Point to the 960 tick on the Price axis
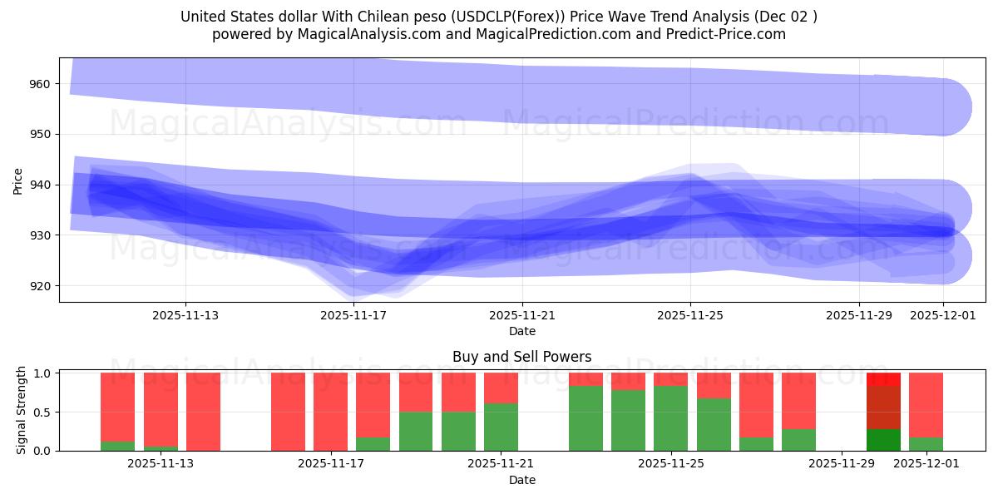[x=39, y=84]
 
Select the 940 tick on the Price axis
[x=39, y=185]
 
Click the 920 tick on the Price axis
[x=39, y=286]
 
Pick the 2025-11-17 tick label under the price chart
[x=354, y=315]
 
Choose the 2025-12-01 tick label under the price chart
[x=943, y=315]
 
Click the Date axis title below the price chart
[x=522, y=331]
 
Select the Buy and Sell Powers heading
[x=522, y=357]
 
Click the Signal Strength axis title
[x=22, y=411]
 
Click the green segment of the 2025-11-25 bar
[x=670, y=418]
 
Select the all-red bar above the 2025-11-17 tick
[x=330, y=412]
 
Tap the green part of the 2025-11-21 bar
[x=501, y=427]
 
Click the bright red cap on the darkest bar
[x=883, y=378]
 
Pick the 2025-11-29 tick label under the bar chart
[x=842, y=464]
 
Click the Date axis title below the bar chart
[x=522, y=480]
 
